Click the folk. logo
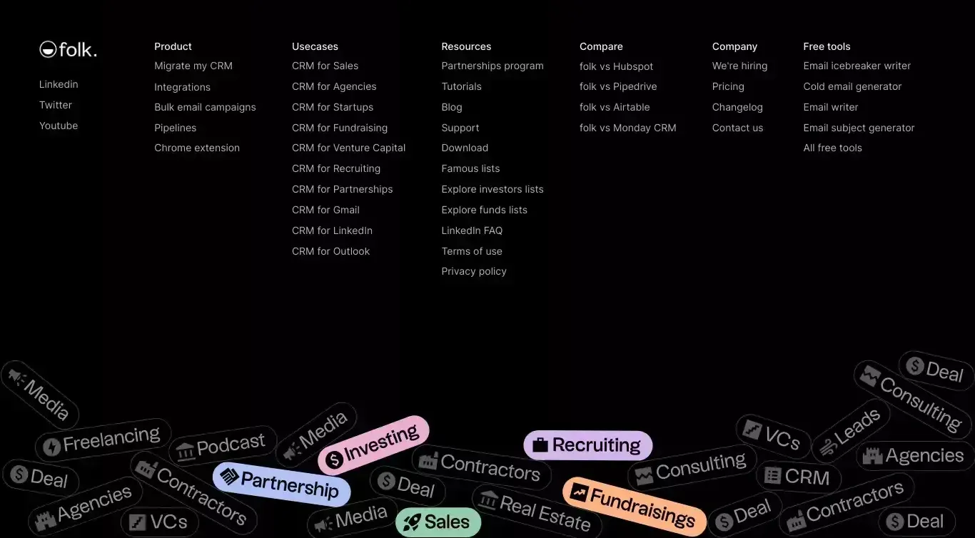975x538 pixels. [68, 49]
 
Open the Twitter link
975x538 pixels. [55, 105]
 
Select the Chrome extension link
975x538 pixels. [197, 148]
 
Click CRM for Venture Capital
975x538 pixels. [348, 148]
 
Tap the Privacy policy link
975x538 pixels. [473, 271]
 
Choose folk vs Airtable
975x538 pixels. [614, 107]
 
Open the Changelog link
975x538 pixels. [737, 107]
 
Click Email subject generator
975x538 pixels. [859, 128]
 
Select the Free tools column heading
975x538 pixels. [827, 46]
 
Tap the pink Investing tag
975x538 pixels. [373, 445]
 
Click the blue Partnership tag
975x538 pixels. [281, 484]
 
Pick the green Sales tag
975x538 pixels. [438, 522]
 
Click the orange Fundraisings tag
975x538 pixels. [634, 507]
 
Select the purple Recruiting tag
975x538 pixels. [587, 445]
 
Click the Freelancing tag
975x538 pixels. [103, 440]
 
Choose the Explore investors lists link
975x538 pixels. [492, 189]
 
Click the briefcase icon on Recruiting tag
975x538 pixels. [540, 445]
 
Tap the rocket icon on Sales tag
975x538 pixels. [412, 522]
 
